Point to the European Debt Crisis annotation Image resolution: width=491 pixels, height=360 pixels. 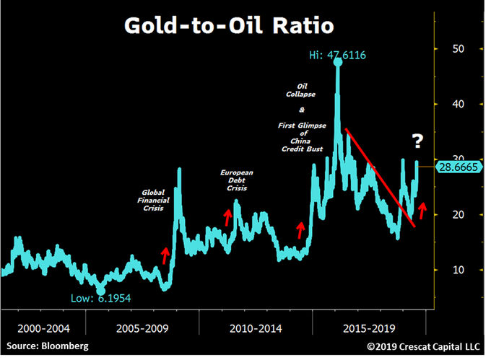237,180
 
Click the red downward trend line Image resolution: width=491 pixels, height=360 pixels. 379,177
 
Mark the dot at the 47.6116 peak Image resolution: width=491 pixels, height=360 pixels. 338,62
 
